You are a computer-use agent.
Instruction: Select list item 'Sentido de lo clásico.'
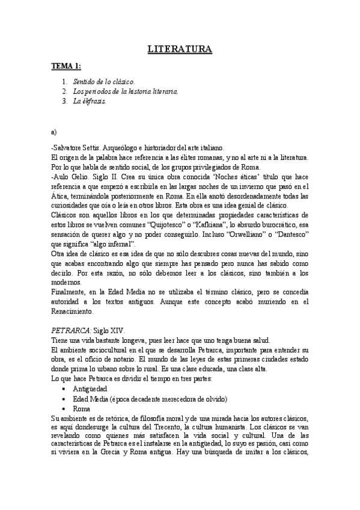pyautogui.click(x=104, y=81)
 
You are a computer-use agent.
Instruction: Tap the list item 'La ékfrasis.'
pyautogui.click(x=90, y=101)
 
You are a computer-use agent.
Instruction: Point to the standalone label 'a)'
pyautogui.click(x=55, y=129)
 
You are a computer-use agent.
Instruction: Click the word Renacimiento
pyautogui.click(x=72, y=312)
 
